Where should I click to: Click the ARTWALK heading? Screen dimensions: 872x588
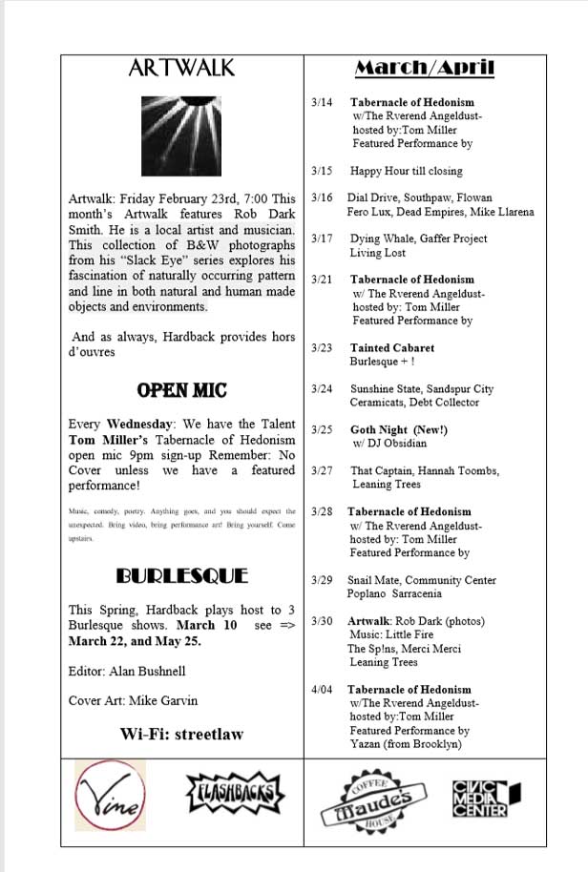pos(181,69)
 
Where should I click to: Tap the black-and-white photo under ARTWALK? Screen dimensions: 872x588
pos(180,134)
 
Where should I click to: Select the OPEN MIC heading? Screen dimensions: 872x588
pos(181,390)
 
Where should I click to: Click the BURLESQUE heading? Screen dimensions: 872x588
pos(181,576)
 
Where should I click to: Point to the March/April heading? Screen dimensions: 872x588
pos(425,68)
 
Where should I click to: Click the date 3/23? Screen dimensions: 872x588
pos(322,348)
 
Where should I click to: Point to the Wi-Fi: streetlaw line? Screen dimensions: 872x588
pos(181,734)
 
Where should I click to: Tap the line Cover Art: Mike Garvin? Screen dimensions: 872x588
pos(134,701)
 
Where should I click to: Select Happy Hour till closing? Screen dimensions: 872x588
pos(405,172)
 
